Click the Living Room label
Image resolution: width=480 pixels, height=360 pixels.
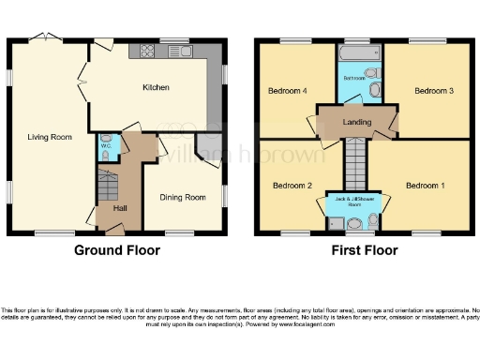49,137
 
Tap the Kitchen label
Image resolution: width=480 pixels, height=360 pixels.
156,87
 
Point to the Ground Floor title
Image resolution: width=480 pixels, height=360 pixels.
117,250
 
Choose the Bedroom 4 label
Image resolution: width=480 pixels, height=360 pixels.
288,91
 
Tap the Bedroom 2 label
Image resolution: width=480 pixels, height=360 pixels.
292,186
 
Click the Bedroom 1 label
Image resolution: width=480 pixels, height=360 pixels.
425,186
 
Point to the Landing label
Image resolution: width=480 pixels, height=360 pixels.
357,122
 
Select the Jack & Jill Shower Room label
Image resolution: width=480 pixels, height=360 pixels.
353,202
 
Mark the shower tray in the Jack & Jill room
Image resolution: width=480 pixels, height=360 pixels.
336,222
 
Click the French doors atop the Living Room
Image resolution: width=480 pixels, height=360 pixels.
41,39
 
